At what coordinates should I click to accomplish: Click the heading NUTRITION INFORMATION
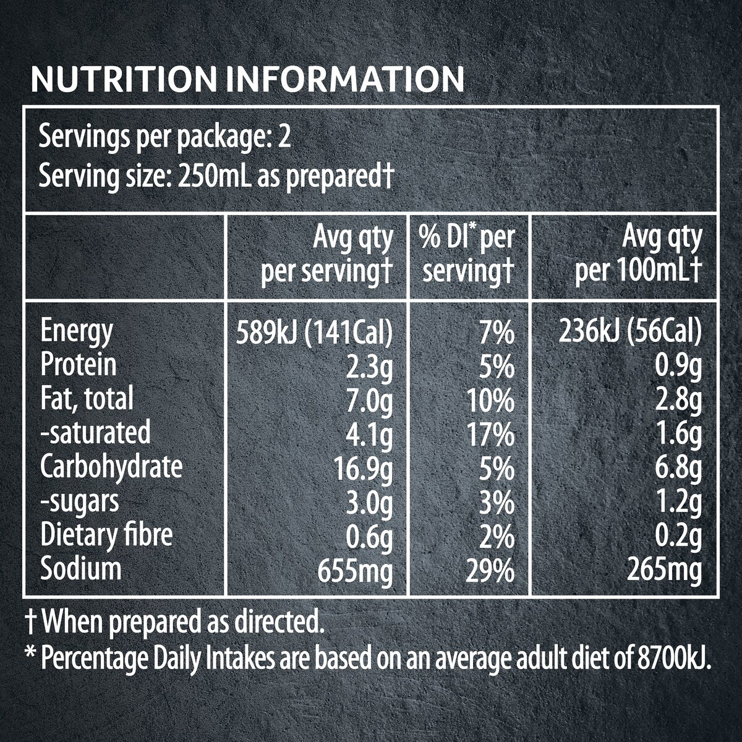coord(247,79)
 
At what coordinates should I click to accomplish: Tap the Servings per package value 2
coord(284,137)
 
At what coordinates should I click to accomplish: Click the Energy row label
coord(77,332)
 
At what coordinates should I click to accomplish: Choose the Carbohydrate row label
coord(111,467)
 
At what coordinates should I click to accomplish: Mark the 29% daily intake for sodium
coord(490,571)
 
